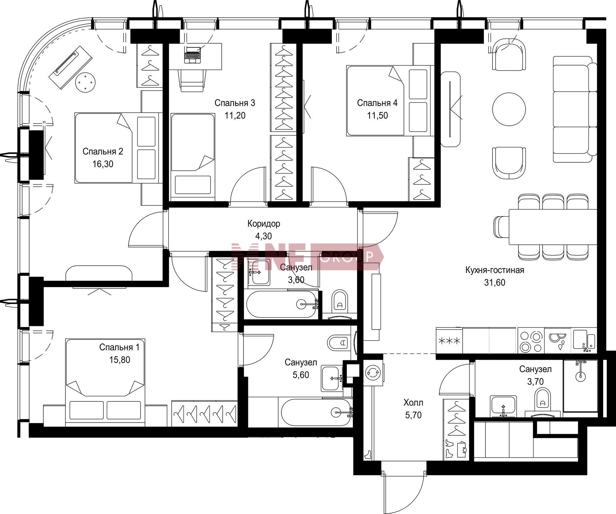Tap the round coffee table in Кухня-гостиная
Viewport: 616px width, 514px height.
click(509, 109)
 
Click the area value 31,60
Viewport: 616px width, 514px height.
click(495, 282)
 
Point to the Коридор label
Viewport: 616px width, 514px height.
click(264, 224)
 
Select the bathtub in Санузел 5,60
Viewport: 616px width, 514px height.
click(316, 412)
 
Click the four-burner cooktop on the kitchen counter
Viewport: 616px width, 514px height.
click(531, 341)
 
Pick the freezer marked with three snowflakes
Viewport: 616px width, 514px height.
click(449, 341)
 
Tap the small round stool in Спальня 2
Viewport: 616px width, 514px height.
click(85, 82)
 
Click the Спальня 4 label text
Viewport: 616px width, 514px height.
click(377, 103)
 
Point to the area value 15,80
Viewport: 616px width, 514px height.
click(120, 360)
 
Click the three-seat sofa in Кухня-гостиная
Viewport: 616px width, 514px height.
click(575, 109)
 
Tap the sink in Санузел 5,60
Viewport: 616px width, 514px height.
click(332, 379)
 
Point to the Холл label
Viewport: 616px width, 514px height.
click(413, 402)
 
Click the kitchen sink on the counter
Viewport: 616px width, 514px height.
click(585, 341)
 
